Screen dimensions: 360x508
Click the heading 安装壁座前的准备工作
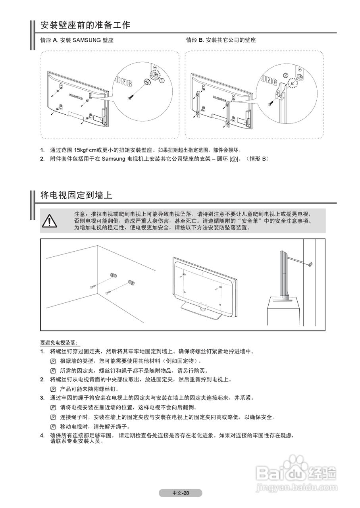click(85, 25)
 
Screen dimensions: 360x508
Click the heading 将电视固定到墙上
click(77, 195)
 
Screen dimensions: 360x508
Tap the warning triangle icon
click(50, 220)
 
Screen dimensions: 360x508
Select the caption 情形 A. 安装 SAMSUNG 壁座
click(77, 40)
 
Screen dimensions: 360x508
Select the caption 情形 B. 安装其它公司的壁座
click(221, 40)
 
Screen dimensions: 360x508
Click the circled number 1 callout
click(162, 81)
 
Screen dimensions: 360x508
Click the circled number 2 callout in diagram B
click(285, 75)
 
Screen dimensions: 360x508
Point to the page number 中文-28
click(181, 493)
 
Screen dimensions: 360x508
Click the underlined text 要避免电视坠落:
click(59, 343)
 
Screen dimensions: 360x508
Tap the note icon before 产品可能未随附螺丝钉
click(53, 389)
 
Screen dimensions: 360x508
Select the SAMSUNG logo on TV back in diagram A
click(76, 95)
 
